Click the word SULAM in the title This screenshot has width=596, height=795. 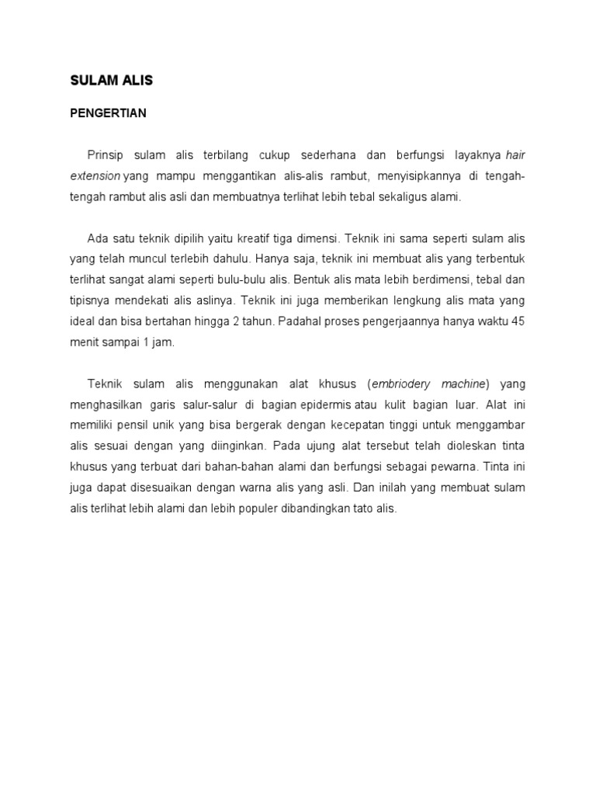pos(92,81)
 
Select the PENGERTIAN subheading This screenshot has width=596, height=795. pos(108,113)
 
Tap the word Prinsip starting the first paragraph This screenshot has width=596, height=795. pos(106,155)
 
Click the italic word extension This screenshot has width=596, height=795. pos(95,176)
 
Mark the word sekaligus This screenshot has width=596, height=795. pos(397,197)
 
